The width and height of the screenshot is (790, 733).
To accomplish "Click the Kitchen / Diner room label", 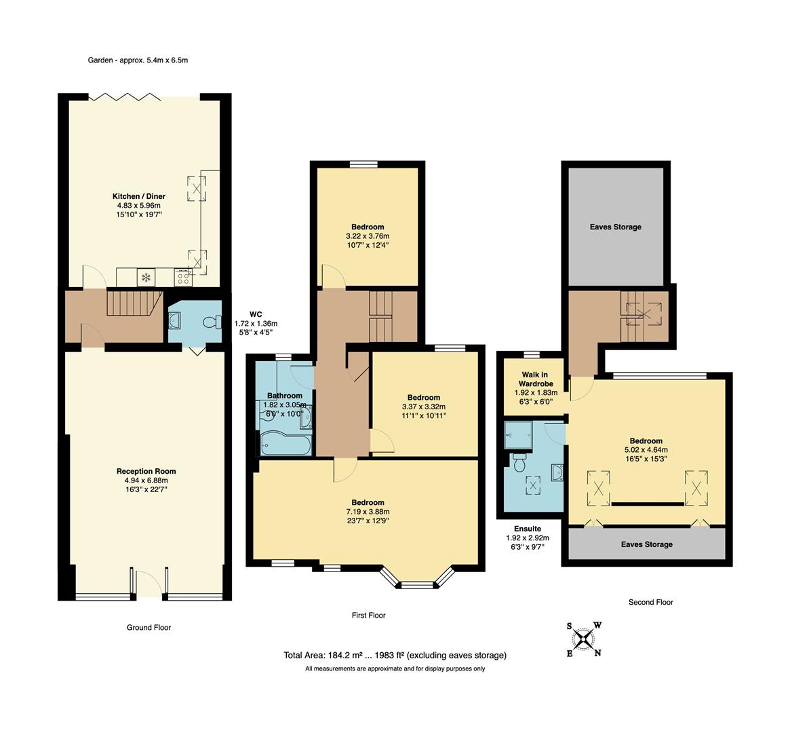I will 140,196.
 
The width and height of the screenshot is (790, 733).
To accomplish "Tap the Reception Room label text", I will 146,471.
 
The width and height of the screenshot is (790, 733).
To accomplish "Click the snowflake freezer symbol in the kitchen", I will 145,276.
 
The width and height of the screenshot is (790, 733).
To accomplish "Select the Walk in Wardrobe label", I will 535,379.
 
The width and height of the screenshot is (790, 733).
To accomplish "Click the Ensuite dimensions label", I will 528,538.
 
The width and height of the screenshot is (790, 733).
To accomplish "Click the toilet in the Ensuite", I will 520,464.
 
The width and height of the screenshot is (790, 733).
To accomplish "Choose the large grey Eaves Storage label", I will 615,227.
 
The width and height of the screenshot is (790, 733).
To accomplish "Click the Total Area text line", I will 395,655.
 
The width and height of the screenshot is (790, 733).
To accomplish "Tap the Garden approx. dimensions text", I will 138,60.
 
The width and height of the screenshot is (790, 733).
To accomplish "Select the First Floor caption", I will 368,615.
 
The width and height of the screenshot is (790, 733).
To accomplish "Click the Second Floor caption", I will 650,602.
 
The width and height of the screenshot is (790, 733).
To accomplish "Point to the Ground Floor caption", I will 149,627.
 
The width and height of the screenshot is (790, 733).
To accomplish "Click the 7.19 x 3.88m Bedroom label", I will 368,512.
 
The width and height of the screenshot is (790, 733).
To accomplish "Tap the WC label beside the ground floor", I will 255,314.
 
